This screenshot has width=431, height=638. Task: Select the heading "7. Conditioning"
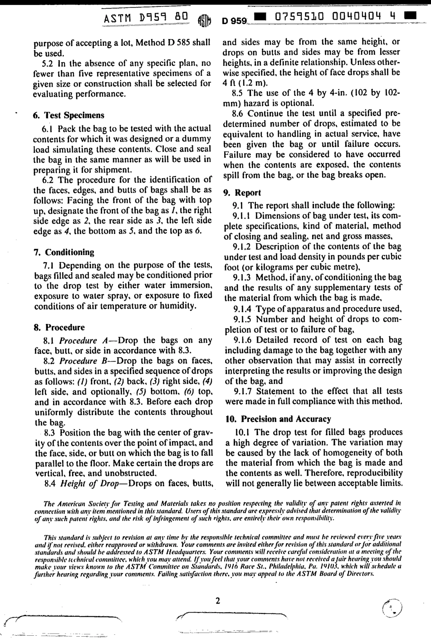click(64, 252)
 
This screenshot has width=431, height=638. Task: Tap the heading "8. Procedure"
click(59, 327)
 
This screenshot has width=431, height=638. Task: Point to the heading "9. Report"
click(242, 192)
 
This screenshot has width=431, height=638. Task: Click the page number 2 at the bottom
click(217, 601)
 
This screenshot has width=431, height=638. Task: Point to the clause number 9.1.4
click(243, 309)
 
